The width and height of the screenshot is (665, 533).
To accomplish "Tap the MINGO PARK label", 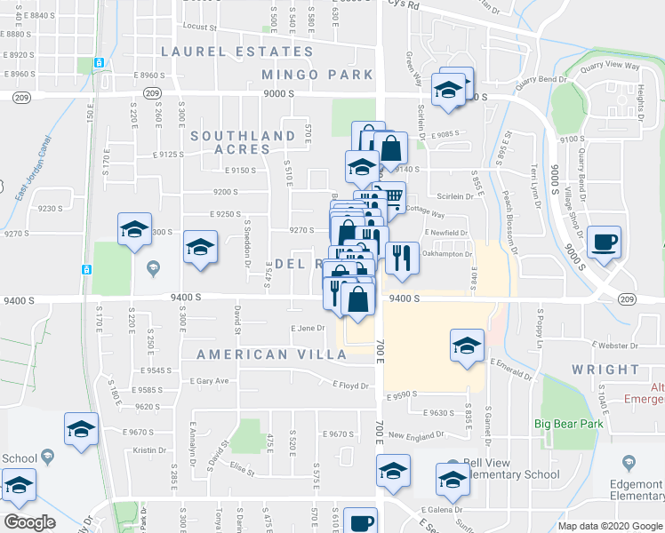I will [317, 75].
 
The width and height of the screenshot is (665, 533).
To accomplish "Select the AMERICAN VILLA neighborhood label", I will [272, 354].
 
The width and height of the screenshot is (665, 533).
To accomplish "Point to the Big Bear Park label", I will [569, 424].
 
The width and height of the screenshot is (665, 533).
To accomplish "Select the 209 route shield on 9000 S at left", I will [152, 94].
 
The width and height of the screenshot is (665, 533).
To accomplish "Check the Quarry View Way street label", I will [609, 66].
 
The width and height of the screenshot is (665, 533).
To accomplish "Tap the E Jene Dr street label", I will [309, 329].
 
